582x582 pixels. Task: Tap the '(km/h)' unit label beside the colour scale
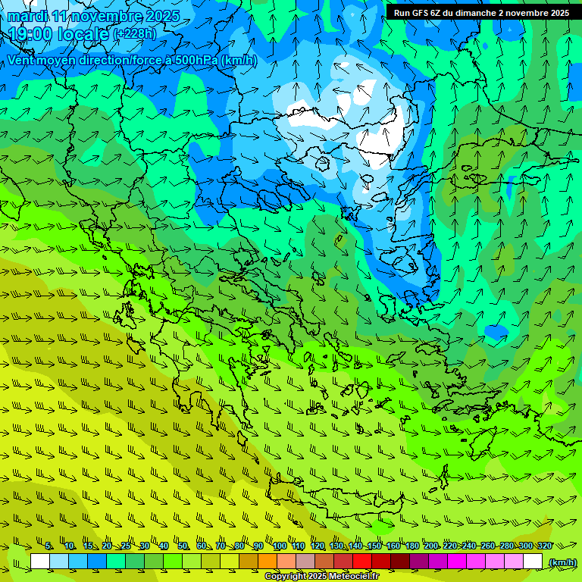tap(562, 562)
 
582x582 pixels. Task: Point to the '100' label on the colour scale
tap(280, 546)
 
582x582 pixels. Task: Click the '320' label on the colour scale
tap(544, 546)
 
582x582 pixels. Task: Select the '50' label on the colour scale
tap(183, 546)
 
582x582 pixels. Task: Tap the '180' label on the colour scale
tap(411, 546)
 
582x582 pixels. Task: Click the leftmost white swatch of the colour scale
tap(40, 562)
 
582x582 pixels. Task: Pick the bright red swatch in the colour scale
tap(362, 562)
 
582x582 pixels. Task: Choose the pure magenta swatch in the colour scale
tap(457, 562)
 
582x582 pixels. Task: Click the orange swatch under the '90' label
tap(268, 562)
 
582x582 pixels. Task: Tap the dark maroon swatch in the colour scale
tap(400, 562)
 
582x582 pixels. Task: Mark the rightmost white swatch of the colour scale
tap(533, 562)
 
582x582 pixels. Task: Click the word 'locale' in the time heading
tap(85, 35)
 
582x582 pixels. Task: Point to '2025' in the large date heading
tap(161, 17)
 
